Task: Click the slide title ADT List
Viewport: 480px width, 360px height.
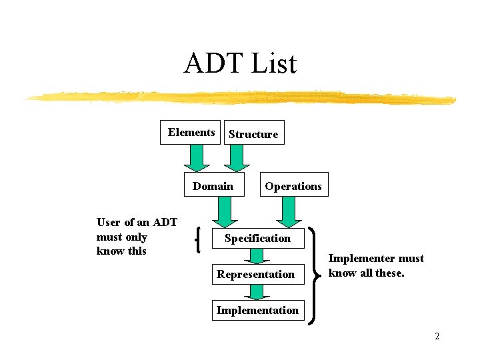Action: click(x=239, y=64)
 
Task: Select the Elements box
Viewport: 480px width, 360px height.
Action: click(x=191, y=132)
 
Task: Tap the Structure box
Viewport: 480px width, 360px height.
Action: click(x=253, y=133)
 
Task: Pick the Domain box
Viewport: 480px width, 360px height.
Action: click(x=213, y=186)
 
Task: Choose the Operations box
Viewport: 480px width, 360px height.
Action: click(x=293, y=186)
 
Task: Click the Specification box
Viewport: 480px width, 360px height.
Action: click(x=257, y=238)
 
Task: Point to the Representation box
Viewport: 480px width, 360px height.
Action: click(x=256, y=274)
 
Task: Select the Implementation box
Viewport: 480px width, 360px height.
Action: click(x=257, y=310)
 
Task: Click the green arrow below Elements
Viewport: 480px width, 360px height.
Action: click(x=196, y=158)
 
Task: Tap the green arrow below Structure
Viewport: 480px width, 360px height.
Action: click(x=237, y=158)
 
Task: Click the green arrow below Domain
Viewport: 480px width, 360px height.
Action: click(x=224, y=213)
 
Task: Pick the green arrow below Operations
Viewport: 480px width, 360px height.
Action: click(x=289, y=213)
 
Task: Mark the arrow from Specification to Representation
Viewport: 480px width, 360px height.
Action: click(x=257, y=257)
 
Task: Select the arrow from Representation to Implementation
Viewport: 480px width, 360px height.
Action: click(x=257, y=292)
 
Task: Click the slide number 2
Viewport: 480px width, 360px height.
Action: click(x=437, y=336)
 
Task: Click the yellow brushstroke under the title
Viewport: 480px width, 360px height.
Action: click(x=240, y=97)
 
